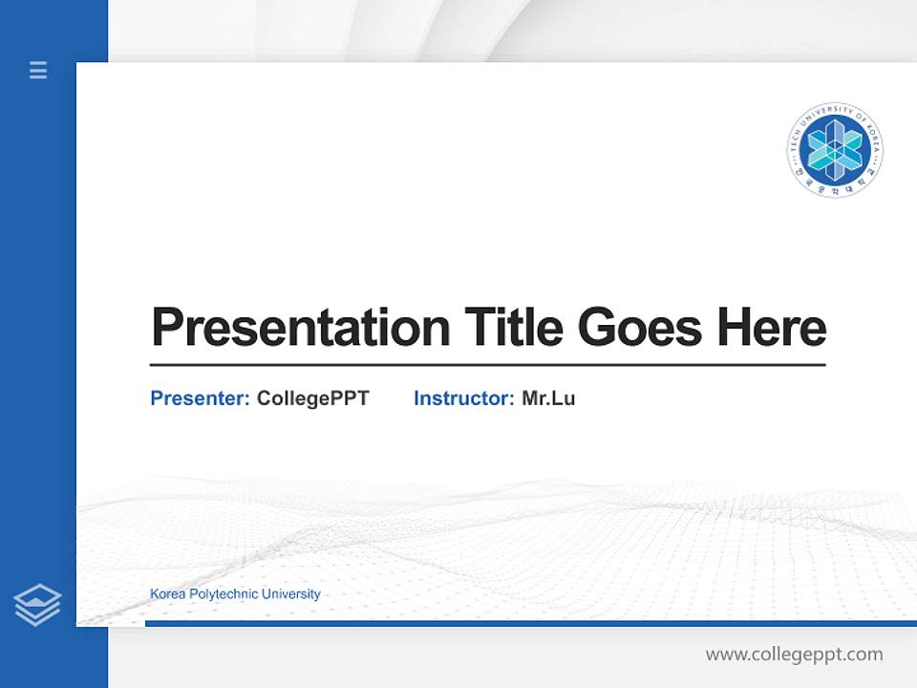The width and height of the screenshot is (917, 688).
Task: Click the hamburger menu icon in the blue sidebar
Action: pos(38,70)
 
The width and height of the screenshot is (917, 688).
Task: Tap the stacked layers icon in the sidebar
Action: pos(37,605)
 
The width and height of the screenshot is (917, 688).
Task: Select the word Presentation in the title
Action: pos(300,328)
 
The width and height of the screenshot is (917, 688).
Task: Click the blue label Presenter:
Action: pos(200,398)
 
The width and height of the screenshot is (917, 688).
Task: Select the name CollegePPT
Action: pos(312,398)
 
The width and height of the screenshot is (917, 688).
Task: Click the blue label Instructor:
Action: pos(463,398)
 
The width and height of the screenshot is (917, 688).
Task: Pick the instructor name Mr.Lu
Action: pos(548,398)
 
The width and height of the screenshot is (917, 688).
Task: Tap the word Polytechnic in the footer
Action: pos(224,594)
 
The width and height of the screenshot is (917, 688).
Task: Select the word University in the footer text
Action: pos(291,594)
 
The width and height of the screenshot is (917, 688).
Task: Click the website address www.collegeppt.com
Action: pos(794,655)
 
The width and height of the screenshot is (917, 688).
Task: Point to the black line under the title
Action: pos(487,365)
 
